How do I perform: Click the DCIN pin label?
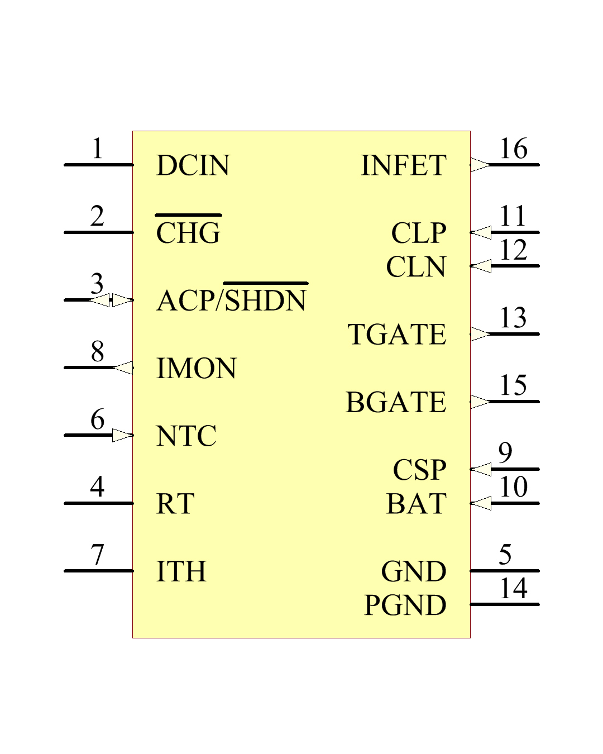193,165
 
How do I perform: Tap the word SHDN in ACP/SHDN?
266,297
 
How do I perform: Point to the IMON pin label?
197,368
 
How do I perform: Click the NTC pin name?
186,436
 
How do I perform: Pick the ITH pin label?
181,571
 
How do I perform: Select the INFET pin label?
404,165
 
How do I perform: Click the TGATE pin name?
397,334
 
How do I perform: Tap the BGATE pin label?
396,402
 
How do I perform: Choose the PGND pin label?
405,605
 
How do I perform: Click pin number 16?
513,149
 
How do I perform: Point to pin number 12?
513,250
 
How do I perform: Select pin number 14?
513,588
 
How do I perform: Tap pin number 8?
97,351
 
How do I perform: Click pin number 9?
505,453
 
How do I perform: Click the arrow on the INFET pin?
480,165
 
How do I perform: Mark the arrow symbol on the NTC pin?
123,436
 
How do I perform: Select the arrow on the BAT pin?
480,503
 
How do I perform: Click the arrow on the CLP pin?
480,233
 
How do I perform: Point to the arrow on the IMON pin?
123,368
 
